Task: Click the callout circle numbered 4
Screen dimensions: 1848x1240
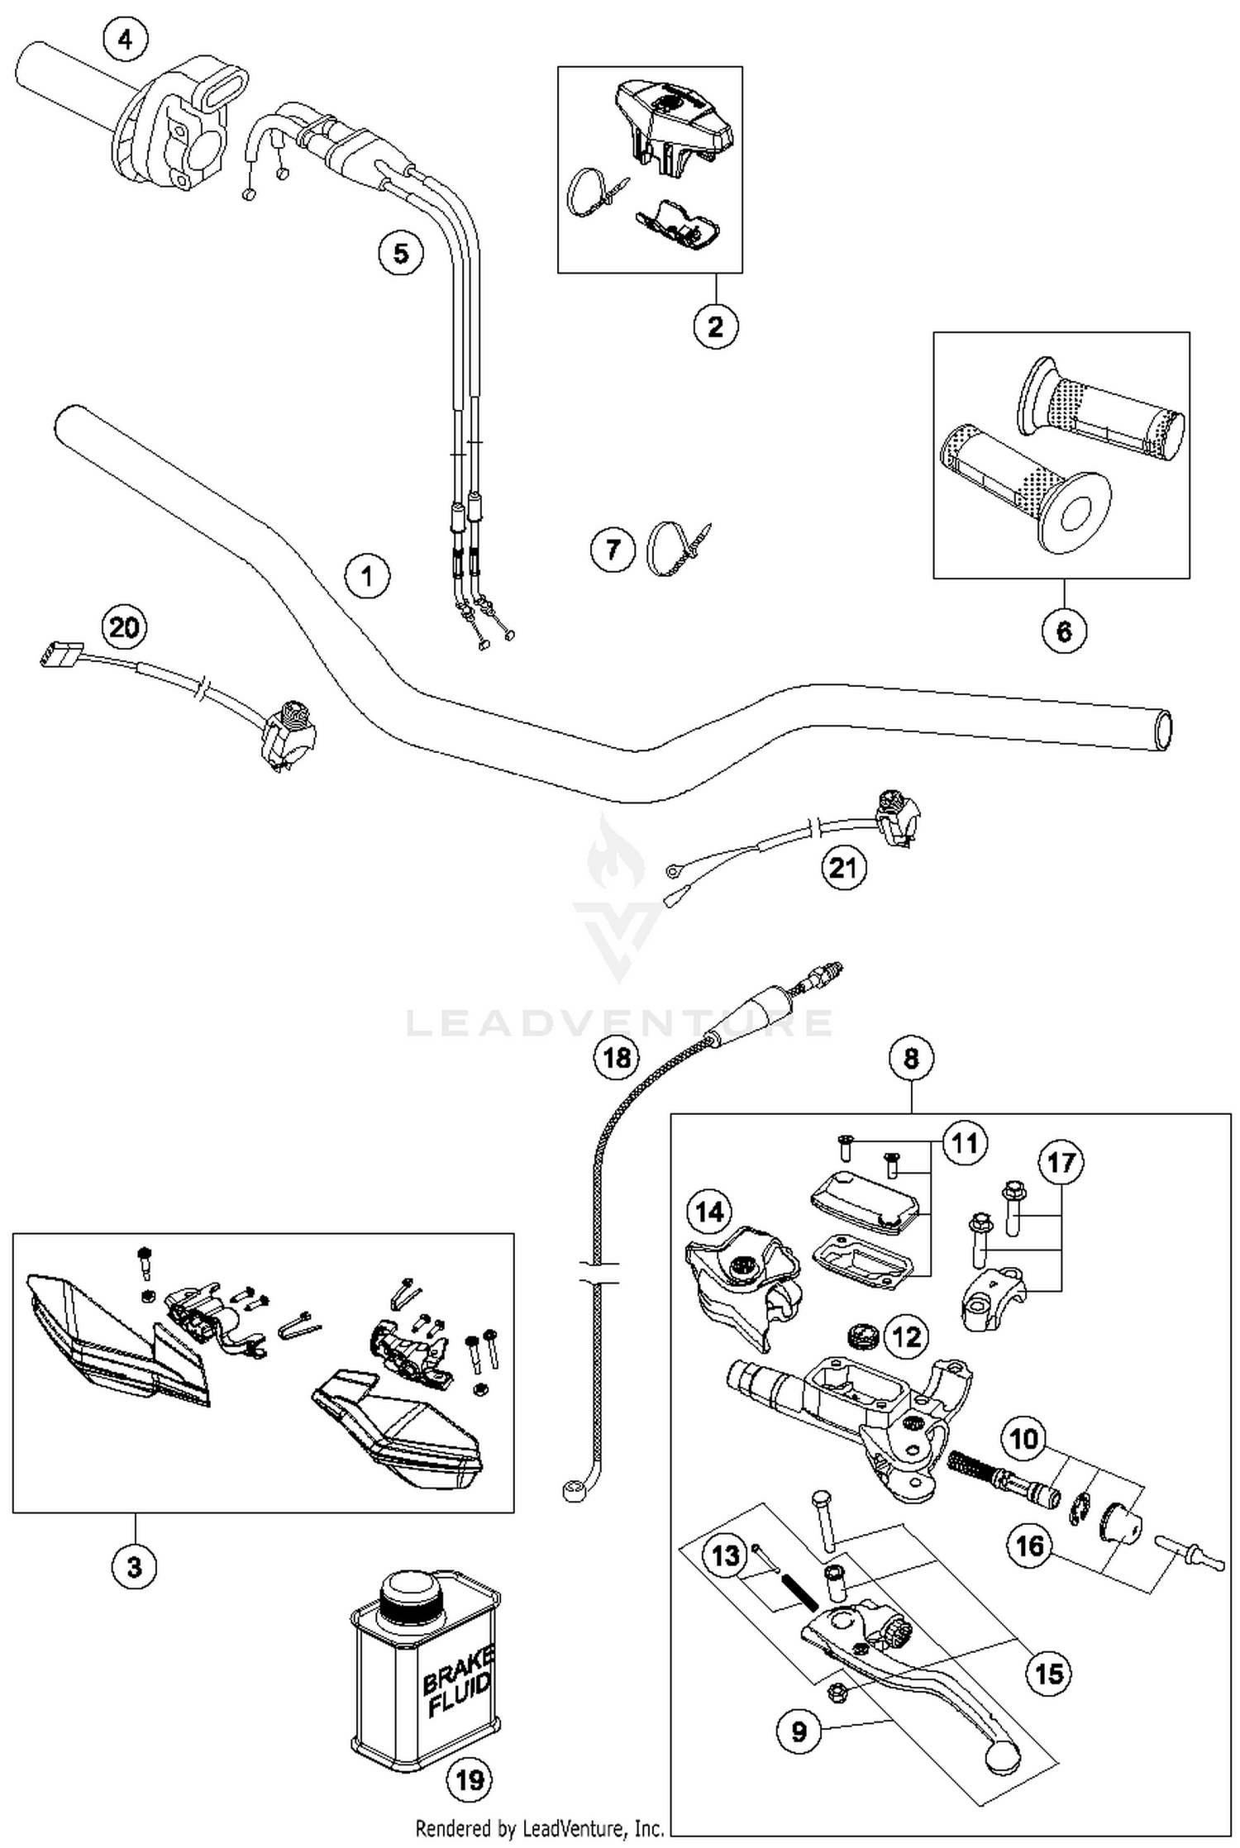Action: [126, 39]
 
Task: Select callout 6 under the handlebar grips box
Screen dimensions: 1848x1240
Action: [1064, 631]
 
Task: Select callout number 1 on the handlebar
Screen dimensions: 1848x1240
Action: [368, 575]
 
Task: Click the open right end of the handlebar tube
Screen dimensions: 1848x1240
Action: [1164, 731]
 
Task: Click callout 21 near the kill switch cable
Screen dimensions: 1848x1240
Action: [843, 868]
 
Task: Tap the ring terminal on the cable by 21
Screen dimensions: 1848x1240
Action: [674, 870]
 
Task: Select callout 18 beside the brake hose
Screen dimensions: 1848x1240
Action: [617, 1057]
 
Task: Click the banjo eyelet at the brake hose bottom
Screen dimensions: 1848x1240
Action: [570, 1491]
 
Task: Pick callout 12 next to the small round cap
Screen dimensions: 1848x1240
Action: [906, 1336]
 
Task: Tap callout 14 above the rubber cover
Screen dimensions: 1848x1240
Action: [709, 1212]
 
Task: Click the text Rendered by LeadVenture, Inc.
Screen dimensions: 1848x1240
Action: [539, 1828]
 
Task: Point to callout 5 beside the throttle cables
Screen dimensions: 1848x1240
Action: [401, 252]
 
